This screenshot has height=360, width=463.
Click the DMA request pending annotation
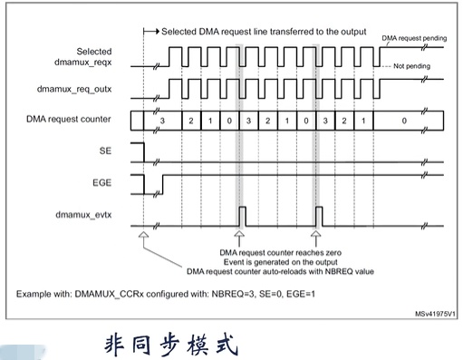click(x=413, y=38)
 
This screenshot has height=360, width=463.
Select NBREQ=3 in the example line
click(x=242, y=294)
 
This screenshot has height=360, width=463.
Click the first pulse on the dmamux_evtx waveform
click(x=242, y=218)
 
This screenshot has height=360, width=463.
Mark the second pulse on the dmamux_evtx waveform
click(x=319, y=218)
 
